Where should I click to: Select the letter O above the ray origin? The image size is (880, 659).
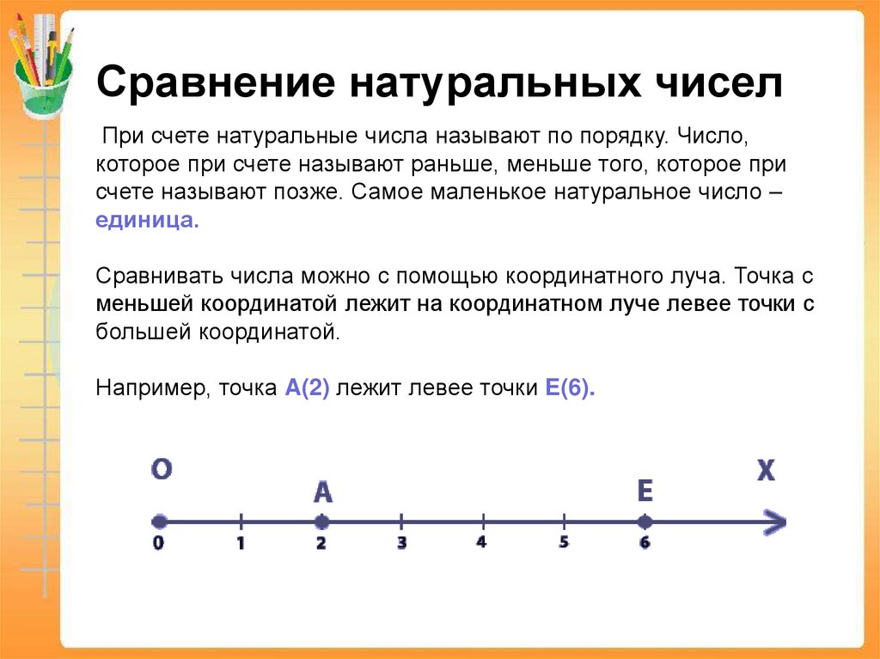[x=162, y=469]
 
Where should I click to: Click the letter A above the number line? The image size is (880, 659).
[x=322, y=491]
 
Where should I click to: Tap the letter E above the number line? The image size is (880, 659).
[x=645, y=491]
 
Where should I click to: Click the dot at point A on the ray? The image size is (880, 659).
[x=321, y=522]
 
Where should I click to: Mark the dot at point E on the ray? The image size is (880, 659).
[x=645, y=522]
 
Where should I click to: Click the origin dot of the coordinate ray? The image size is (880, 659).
[x=159, y=522]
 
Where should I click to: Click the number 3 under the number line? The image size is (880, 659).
[x=401, y=543]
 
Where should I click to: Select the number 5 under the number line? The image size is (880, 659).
[x=564, y=543]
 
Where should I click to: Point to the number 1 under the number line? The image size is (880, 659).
[x=241, y=543]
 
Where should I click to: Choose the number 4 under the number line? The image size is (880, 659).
[x=481, y=543]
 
